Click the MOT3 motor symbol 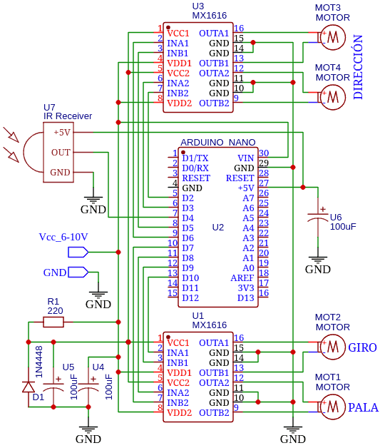(x=332, y=37)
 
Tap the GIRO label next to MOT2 (x=362, y=347)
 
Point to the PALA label (x=363, y=407)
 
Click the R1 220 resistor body (x=53, y=322)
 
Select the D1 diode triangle (x=29, y=387)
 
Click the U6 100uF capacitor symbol (x=317, y=217)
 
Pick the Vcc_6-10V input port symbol (x=78, y=252)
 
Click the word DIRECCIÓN (x=358, y=67)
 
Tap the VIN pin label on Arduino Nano (x=246, y=158)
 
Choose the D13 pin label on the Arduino (x=246, y=298)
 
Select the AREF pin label (x=242, y=278)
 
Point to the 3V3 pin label (x=246, y=288)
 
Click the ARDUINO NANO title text (x=218, y=142)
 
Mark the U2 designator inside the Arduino (x=218, y=228)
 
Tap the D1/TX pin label (x=195, y=158)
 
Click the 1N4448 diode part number (x=38, y=362)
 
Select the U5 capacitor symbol (x=53, y=386)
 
